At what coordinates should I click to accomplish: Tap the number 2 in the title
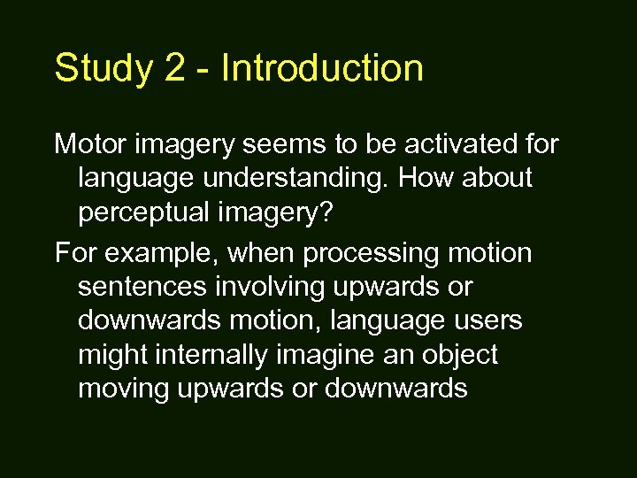[175, 69]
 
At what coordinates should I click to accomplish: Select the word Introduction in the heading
[322, 68]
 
